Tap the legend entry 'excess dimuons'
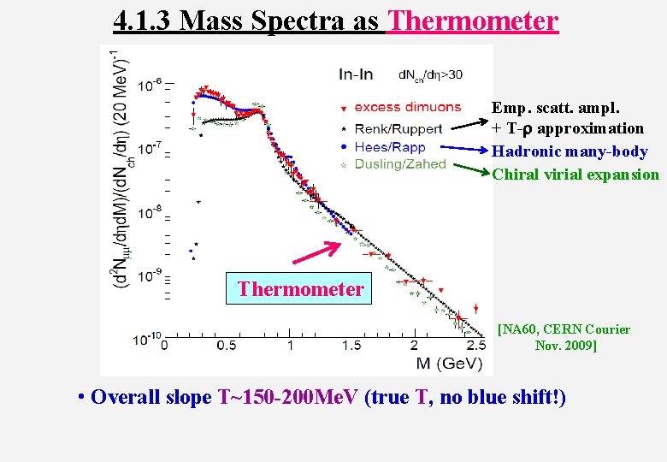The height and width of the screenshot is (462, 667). tap(407, 107)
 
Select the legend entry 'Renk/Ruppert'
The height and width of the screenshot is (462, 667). tap(398, 129)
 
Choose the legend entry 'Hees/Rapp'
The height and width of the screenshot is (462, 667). tap(389, 147)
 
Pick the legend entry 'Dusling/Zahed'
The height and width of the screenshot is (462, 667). tap(399, 164)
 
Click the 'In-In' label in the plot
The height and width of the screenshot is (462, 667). tap(355, 74)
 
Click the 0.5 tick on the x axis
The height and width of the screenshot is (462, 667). tap(226, 345)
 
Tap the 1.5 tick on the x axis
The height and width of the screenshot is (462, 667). tap(351, 345)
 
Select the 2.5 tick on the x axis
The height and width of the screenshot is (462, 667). tap(476, 345)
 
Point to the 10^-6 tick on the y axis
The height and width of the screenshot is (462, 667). tap(148, 85)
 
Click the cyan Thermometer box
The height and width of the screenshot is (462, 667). tap(300, 289)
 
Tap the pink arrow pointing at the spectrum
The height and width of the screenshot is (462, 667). tap(320, 253)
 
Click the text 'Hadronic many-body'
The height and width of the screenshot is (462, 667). tap(570, 151)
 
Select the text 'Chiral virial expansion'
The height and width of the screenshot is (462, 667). tap(576, 175)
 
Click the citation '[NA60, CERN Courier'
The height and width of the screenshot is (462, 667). tap(564, 329)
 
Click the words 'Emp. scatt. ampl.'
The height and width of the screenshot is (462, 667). tap(556, 108)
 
